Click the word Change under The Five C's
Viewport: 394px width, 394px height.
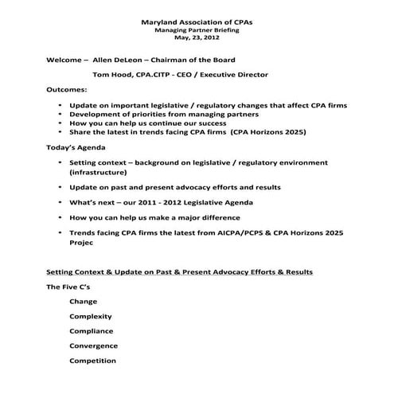pos(84,302)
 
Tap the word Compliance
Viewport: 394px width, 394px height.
pos(92,330)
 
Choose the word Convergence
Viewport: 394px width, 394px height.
pos(94,345)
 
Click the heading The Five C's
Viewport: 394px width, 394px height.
pos(68,287)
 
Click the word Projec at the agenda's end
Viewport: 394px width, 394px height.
pos(84,246)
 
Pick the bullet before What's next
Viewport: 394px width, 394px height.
pos(61,202)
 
